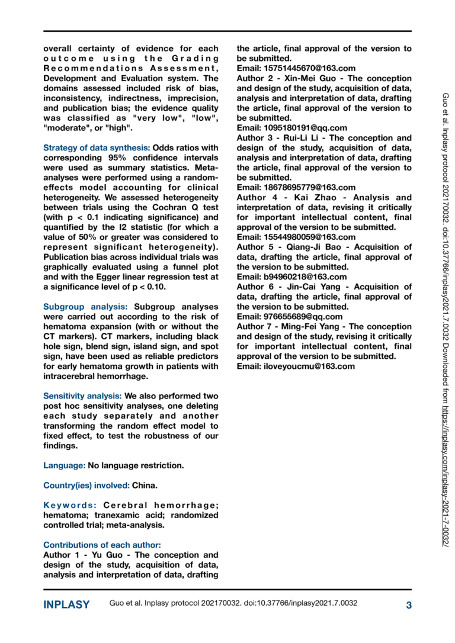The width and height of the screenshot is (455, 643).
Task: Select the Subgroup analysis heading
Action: [85, 307]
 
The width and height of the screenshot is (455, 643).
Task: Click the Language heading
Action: [65, 465]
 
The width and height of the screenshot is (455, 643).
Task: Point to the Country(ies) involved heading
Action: [86, 486]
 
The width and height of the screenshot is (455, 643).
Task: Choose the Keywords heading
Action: [71, 505]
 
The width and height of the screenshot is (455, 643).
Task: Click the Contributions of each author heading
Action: [102, 545]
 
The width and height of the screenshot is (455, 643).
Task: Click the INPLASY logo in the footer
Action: [66, 605]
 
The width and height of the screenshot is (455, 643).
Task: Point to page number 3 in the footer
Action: [409, 605]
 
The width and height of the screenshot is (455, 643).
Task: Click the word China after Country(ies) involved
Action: [145, 486]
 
